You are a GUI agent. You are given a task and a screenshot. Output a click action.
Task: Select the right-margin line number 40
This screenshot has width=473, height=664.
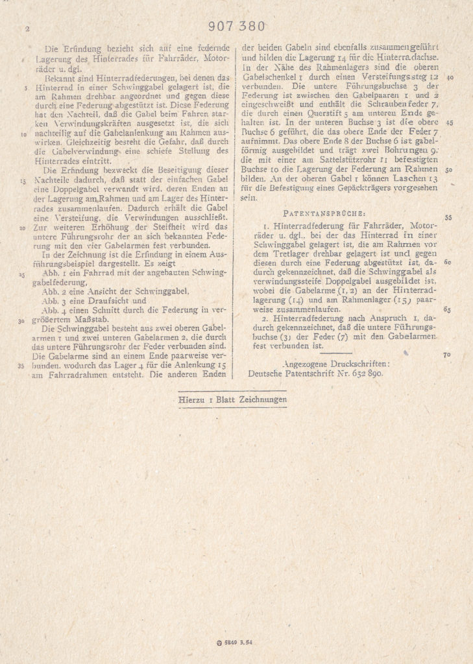pyautogui.click(x=450, y=77)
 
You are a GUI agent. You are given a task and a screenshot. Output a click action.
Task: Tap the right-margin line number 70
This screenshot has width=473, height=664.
pyautogui.click(x=447, y=355)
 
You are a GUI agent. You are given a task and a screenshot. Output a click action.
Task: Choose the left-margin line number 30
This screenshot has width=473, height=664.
pyautogui.click(x=23, y=320)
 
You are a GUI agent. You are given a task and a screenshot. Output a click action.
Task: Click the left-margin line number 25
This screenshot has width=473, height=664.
pyautogui.click(x=23, y=275)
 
